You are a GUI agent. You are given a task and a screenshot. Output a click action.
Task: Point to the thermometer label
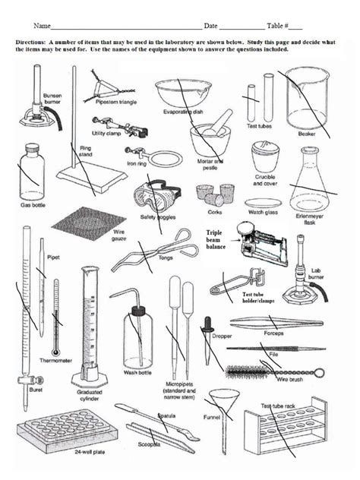[x=55, y=360]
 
